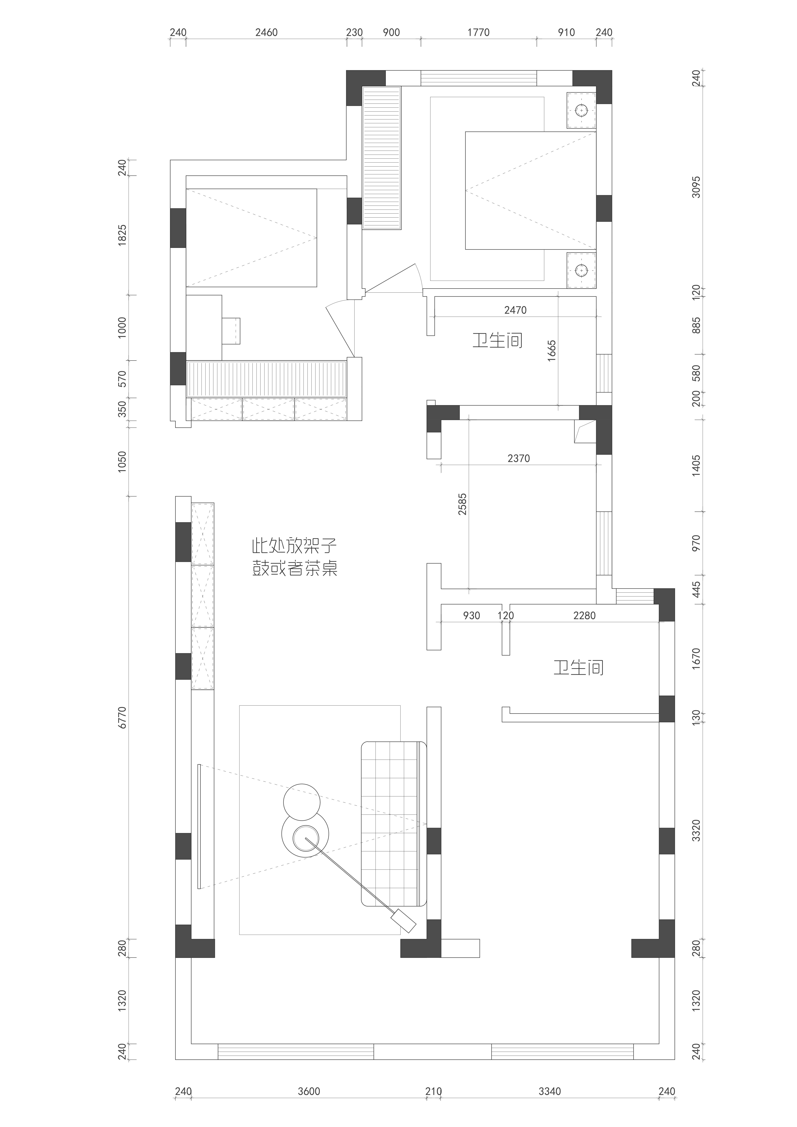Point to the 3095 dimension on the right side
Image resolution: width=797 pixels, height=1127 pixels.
click(x=696, y=187)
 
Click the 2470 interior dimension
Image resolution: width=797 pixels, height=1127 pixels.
click(x=515, y=310)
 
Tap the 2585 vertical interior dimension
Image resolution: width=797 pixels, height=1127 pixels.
click(x=462, y=504)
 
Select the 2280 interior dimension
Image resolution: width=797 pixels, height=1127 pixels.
click(x=584, y=615)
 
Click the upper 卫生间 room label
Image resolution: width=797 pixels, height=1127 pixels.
click(x=497, y=340)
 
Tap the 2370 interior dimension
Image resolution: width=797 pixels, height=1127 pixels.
click(x=519, y=458)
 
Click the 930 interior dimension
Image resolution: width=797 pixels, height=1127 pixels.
click(x=471, y=615)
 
